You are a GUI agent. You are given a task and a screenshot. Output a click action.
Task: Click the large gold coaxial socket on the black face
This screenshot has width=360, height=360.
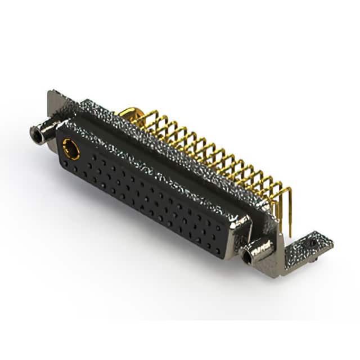70,150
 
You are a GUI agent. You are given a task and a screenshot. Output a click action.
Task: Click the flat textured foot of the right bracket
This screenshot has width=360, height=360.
307,247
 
